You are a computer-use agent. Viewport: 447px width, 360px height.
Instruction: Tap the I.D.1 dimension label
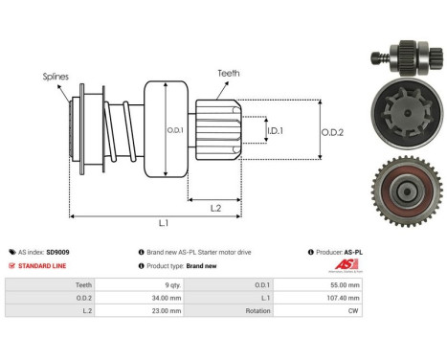pyautogui.click(x=275, y=130)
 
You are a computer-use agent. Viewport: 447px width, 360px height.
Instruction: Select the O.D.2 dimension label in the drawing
pyautogui.click(x=331, y=131)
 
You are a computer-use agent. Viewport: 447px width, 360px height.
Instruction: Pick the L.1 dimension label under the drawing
pyautogui.click(x=162, y=223)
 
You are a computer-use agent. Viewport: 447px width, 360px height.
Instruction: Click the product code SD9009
pyautogui.click(x=56, y=252)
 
